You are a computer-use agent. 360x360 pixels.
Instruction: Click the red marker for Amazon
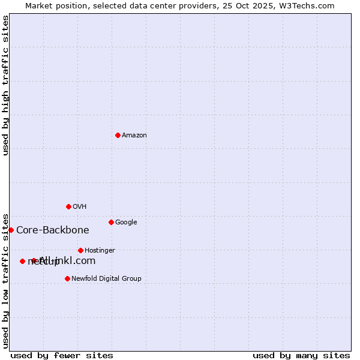(x=118, y=135)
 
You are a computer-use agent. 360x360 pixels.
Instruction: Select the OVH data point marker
(x=68, y=206)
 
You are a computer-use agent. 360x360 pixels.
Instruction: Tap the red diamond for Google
(x=111, y=222)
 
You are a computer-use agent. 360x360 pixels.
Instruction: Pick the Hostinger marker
(x=80, y=250)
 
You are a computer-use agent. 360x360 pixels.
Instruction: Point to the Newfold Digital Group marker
(x=67, y=278)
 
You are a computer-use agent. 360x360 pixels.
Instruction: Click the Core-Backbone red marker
(x=11, y=230)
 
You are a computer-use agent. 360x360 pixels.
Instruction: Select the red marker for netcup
(x=22, y=261)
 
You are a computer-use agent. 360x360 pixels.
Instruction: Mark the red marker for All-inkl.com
(x=34, y=260)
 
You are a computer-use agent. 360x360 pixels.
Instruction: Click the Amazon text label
(x=134, y=136)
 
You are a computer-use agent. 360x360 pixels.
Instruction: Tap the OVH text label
(x=80, y=207)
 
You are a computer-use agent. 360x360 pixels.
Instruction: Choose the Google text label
(x=126, y=223)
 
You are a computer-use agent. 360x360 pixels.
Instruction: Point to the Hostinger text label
(x=100, y=251)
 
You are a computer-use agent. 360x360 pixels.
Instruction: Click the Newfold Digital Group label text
(x=106, y=279)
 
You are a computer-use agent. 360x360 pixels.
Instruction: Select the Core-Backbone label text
(x=53, y=230)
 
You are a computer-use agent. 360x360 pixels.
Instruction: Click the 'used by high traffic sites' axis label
(x=6, y=85)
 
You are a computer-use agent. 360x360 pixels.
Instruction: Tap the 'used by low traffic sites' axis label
(x=6, y=280)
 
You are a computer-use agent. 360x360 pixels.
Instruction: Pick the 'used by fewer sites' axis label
(x=62, y=355)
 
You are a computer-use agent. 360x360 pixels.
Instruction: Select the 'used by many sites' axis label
(x=301, y=355)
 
